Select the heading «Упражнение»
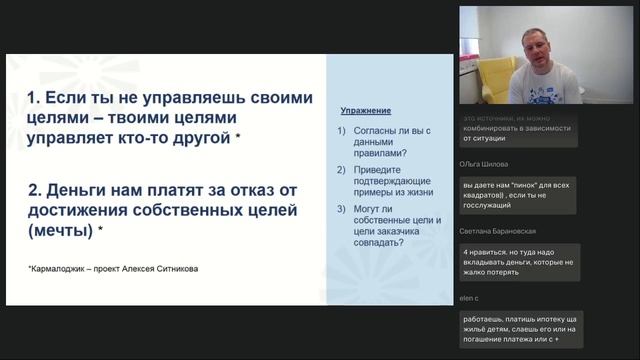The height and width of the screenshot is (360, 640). [x=365, y=110]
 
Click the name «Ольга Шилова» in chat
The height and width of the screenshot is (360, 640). [x=484, y=164]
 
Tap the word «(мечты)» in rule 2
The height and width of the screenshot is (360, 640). [x=56, y=230]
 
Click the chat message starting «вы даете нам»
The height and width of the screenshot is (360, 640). [x=518, y=195]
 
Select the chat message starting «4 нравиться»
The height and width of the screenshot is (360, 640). [x=518, y=262]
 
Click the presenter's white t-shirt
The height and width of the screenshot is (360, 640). [x=545, y=88]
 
